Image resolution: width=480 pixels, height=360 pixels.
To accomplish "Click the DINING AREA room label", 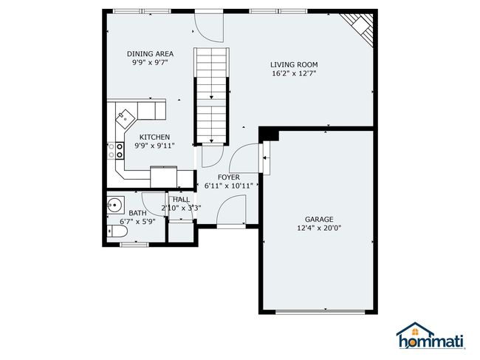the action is [151, 54].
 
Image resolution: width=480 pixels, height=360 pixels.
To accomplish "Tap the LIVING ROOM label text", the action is [294, 64].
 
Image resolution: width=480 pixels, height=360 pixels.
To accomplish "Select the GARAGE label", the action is [319, 220].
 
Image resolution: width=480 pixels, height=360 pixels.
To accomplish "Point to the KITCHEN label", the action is [154, 137].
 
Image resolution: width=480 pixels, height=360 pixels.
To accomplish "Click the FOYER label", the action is [229, 177].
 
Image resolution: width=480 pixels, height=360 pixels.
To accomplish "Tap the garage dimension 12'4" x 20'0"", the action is [319, 228].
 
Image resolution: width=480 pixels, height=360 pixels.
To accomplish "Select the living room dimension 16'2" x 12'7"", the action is [294, 73].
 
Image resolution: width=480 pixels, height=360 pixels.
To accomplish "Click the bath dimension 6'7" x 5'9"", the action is [137, 221].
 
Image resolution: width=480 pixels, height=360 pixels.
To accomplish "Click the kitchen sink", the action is [126, 118].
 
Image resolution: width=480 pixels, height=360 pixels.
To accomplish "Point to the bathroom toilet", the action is [117, 231].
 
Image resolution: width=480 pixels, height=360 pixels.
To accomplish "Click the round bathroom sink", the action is [115, 205].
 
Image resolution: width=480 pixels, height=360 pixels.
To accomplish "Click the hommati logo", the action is [431, 336].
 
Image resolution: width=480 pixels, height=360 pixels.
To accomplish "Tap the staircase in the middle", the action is [211, 96].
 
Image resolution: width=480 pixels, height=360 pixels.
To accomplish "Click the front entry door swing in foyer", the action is [231, 210].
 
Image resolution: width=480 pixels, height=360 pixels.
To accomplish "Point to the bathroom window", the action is [134, 245].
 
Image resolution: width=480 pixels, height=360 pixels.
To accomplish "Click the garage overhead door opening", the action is [320, 312].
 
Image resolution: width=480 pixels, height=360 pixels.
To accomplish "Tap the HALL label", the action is [181, 200].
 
